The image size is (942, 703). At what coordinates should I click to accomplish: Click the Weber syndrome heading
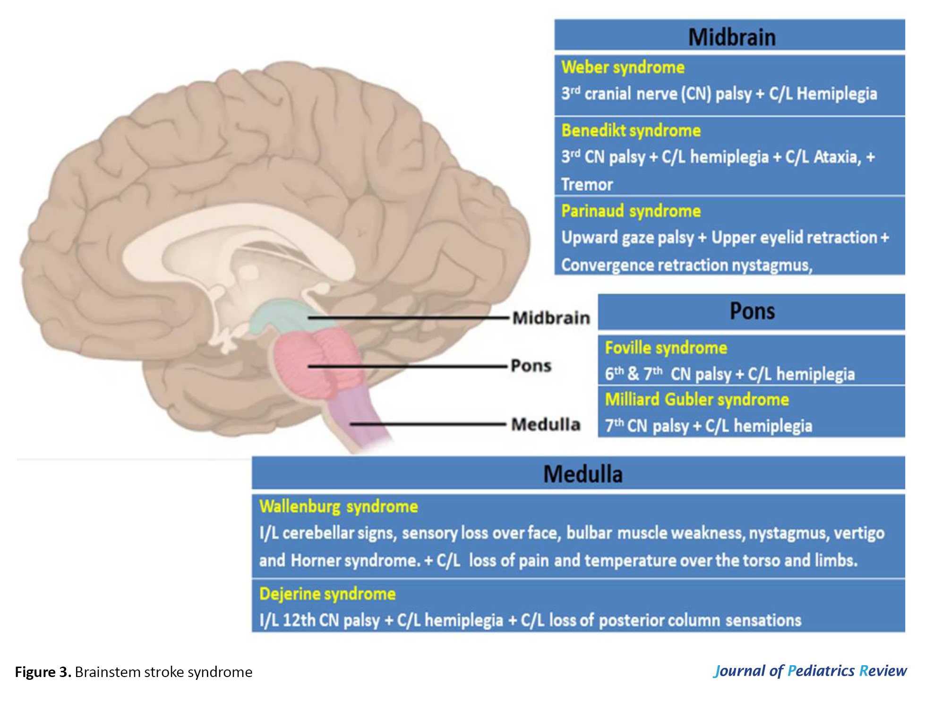[623, 68]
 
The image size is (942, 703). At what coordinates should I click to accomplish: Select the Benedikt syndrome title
[631, 130]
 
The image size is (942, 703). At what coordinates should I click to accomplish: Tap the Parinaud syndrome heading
[631, 211]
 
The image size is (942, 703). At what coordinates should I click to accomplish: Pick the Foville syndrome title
[666, 348]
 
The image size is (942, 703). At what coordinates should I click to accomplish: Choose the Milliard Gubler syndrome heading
[697, 400]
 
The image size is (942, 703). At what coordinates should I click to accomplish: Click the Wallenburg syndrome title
[338, 506]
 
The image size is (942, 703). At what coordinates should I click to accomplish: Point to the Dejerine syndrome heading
[327, 594]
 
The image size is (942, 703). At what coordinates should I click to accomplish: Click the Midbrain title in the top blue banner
[731, 37]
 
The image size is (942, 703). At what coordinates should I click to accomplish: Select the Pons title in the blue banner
[752, 311]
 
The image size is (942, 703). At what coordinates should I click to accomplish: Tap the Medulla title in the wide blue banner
[582, 474]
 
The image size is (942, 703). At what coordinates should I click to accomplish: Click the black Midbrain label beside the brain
[551, 318]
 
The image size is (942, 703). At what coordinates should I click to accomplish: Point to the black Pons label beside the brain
[531, 366]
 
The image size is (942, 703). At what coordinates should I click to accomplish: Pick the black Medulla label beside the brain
[546, 424]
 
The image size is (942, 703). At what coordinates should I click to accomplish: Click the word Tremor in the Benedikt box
[587, 184]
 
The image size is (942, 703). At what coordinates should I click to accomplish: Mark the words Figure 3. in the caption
[43, 672]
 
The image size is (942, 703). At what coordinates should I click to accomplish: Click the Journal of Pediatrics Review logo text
[810, 671]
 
